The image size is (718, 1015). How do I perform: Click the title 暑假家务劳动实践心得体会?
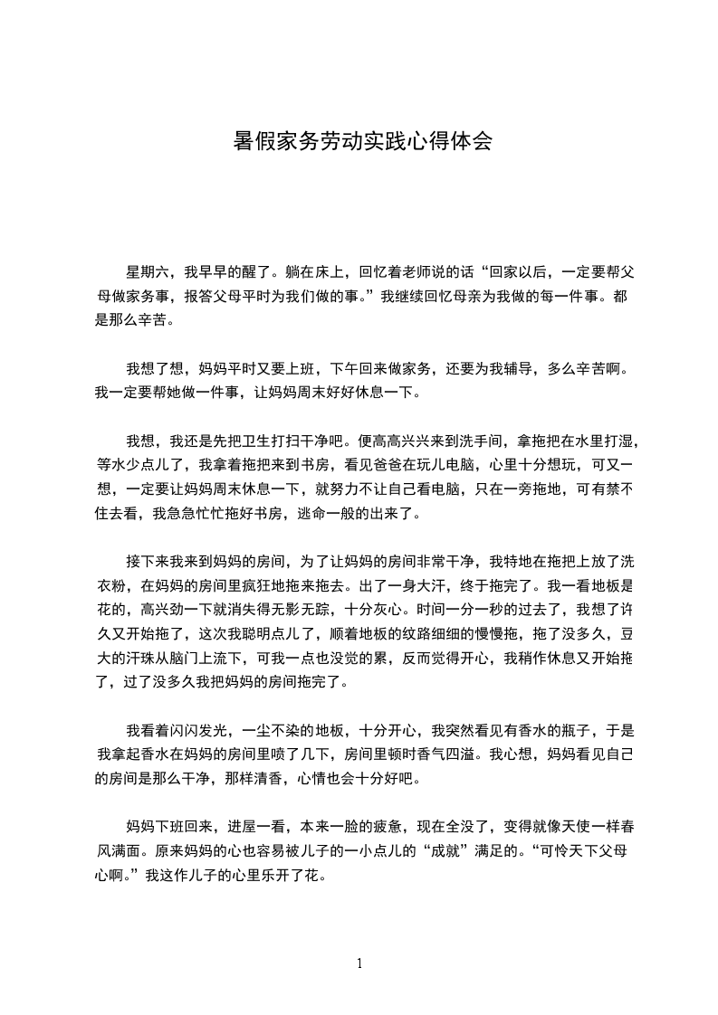[x=362, y=141]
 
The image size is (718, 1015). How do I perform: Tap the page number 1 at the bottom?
[x=359, y=963]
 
